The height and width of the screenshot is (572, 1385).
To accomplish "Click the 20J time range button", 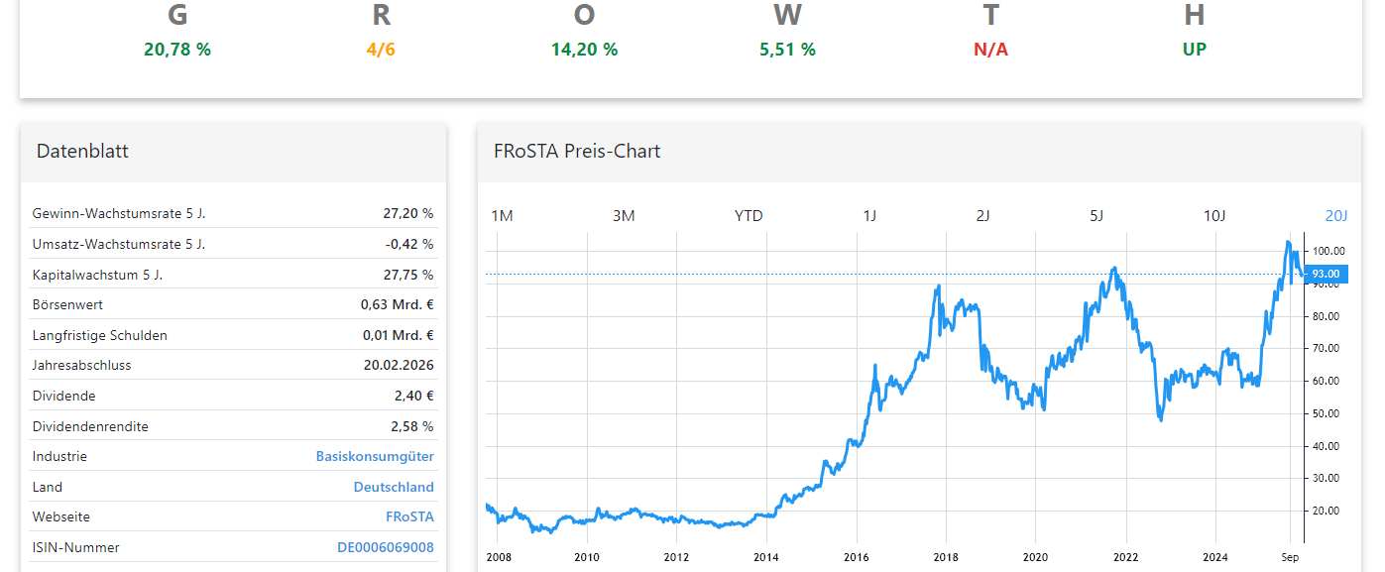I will [x=1336, y=216].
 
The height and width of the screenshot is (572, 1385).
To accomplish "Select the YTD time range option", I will [x=749, y=216].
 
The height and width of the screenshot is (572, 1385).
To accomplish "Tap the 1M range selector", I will [x=502, y=216].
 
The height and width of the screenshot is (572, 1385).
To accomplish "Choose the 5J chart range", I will [x=1096, y=216].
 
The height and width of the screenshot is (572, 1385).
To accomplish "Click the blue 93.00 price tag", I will [x=1326, y=274].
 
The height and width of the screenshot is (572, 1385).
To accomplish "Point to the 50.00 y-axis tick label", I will [x=1326, y=413].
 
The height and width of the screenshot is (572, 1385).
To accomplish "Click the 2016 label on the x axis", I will [x=856, y=557].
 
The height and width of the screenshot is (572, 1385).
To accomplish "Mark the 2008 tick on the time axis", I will [x=500, y=557].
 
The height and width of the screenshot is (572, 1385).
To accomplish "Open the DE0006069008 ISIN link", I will [x=385, y=547].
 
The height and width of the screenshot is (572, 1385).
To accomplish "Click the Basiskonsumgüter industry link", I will [x=375, y=457].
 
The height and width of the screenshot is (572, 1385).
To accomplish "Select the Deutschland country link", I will [x=394, y=488].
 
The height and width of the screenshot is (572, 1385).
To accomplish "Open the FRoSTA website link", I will [x=409, y=517].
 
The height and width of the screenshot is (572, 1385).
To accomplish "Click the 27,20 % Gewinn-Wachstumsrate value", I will [x=408, y=213].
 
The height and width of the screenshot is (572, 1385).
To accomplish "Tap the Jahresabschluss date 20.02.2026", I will [x=399, y=366].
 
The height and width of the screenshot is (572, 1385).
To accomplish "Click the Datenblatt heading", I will [x=82, y=152].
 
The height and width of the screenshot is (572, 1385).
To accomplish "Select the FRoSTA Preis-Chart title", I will [x=577, y=152].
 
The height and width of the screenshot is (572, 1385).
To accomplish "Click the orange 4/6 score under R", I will [x=381, y=50].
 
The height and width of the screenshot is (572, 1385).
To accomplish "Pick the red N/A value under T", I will [x=990, y=50].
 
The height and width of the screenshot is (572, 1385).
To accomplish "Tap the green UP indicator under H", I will [x=1194, y=50].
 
